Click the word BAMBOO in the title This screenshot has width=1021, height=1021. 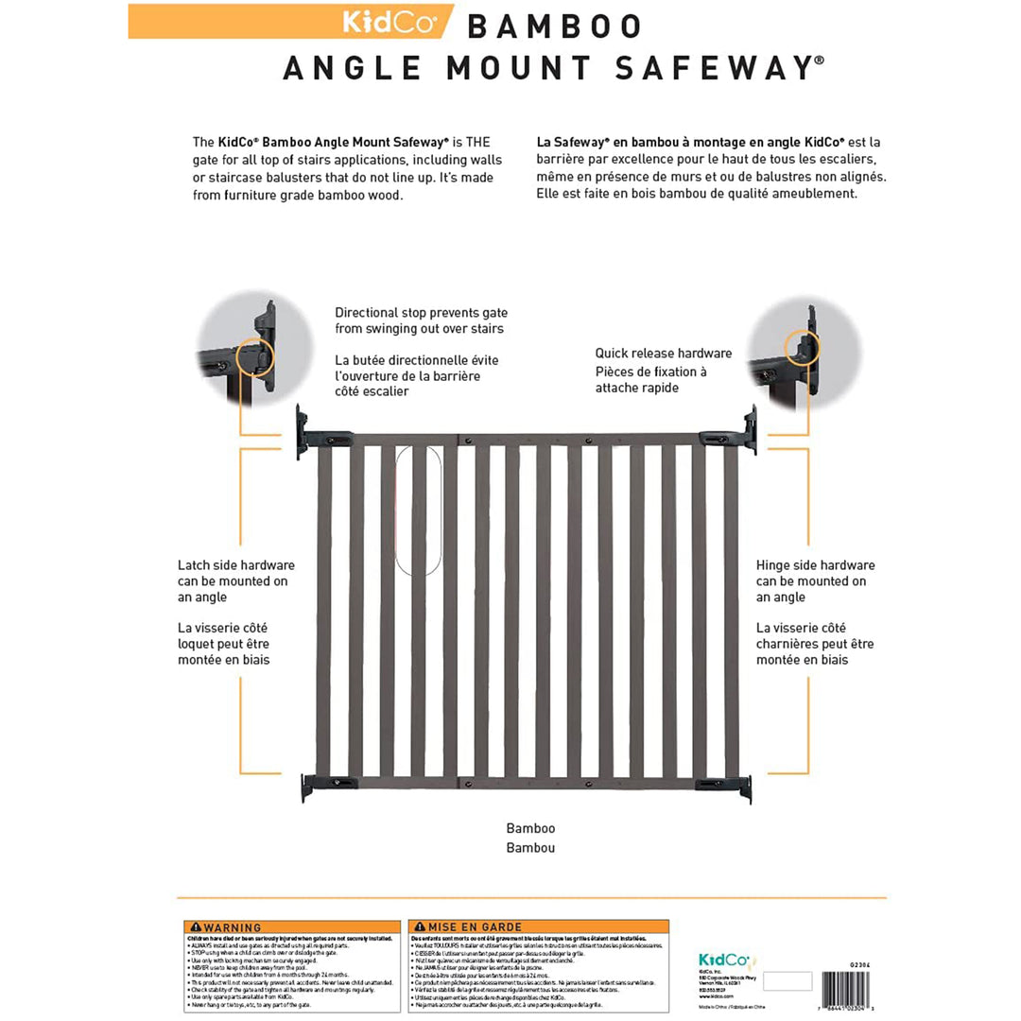point(555,26)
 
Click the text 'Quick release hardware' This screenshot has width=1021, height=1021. point(663,354)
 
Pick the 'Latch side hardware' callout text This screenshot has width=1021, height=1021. point(235,565)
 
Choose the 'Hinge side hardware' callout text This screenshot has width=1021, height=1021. point(815,565)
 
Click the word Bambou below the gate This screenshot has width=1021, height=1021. point(530,847)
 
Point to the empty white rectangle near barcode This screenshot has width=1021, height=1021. point(787,981)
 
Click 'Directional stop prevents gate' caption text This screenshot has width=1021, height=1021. point(420,312)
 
